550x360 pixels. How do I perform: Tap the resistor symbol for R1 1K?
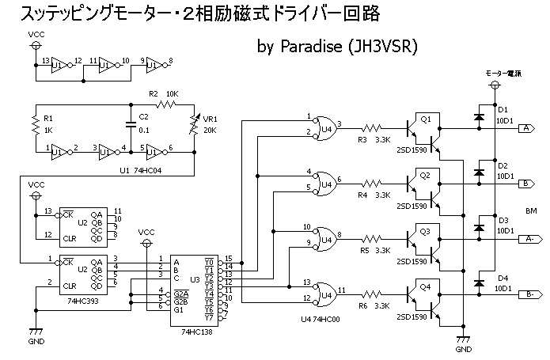coord(35,123)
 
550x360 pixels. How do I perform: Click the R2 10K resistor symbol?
coord(167,104)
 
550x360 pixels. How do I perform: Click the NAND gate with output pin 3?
coord(322,127)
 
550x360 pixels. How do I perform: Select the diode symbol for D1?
coord(477,117)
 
